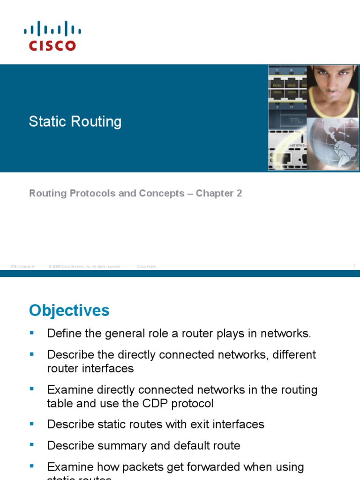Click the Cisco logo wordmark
click(x=52, y=45)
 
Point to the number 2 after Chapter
click(x=239, y=193)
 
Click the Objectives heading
click(x=69, y=310)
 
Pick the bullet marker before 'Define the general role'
click(x=32, y=333)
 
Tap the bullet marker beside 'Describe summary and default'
click(x=32, y=445)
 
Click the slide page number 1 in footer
click(x=354, y=266)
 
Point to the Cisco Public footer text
click(x=147, y=266)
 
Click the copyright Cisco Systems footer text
click(x=85, y=266)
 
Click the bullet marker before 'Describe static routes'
click(x=32, y=424)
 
